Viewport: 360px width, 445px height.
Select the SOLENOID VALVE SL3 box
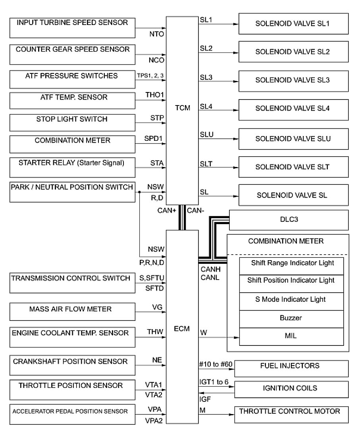(293, 80)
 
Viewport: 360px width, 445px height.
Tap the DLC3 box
(289, 220)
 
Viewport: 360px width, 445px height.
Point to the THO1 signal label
(154, 95)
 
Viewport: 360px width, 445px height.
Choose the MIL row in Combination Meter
(291, 336)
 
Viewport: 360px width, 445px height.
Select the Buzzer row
(291, 318)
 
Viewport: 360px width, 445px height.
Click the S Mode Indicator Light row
(291, 299)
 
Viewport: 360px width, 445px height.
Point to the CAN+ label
(167, 211)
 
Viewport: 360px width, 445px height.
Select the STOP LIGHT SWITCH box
(72, 123)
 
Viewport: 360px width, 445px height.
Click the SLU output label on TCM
(207, 135)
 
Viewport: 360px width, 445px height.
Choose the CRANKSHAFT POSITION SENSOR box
(72, 364)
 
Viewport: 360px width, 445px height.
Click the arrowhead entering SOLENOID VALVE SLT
(236, 167)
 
